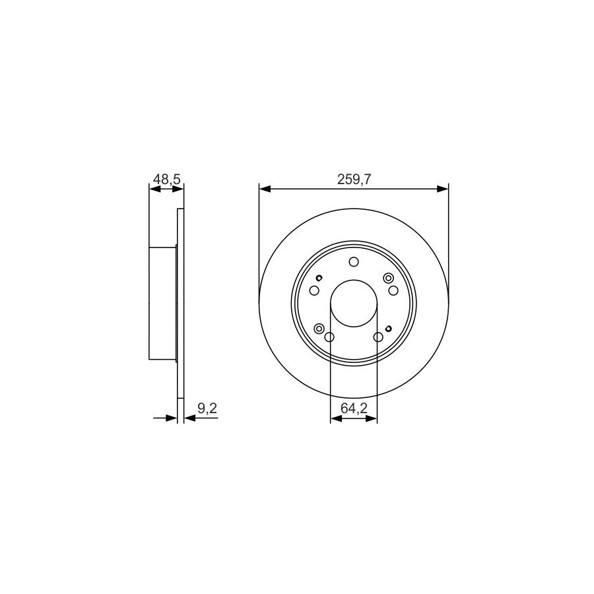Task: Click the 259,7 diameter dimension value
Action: click(x=354, y=180)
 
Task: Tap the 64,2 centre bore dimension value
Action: click(x=354, y=408)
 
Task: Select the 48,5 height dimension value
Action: click(x=167, y=179)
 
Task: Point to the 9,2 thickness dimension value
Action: click(x=207, y=408)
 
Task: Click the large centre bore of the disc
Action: click(x=354, y=304)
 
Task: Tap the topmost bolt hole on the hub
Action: click(x=354, y=262)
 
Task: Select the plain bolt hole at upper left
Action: click(x=314, y=290)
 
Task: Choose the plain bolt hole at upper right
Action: click(x=393, y=290)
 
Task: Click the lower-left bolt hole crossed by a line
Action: click(x=329, y=337)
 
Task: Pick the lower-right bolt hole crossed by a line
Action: click(x=378, y=337)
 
